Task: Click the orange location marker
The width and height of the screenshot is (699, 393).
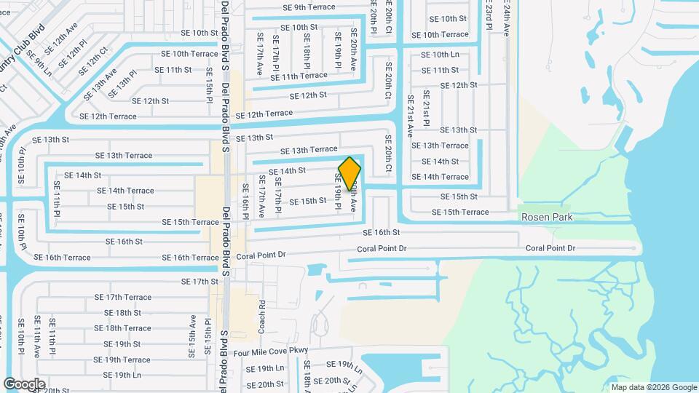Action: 349,173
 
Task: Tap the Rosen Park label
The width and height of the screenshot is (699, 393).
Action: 547,218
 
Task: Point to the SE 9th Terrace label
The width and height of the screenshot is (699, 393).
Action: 309,7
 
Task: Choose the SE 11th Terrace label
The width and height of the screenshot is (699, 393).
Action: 299,76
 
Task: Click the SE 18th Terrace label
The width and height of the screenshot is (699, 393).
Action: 122,328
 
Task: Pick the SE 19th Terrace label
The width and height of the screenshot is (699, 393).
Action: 122,360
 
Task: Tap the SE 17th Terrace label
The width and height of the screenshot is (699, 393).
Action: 123,297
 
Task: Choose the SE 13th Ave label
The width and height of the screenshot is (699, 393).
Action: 99,85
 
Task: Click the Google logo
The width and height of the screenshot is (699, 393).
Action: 24,384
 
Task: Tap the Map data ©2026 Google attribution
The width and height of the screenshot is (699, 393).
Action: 653,387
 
